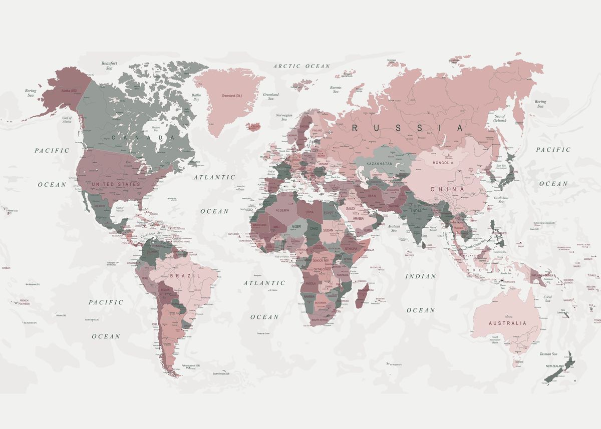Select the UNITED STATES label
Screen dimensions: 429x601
[116, 184]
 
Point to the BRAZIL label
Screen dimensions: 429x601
[185, 276]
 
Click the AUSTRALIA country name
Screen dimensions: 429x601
[507, 323]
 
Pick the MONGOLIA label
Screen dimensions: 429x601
[442, 163]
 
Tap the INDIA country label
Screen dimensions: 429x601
[416, 211]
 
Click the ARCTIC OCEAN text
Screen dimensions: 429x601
[302, 66]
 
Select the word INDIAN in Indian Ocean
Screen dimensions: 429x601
[421, 276]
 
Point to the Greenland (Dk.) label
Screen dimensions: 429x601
[232, 96]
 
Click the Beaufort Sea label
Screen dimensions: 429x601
[109, 66]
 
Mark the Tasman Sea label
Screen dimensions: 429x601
[547, 354]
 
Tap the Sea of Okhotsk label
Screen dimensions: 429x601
[500, 118]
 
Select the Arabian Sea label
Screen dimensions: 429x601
[394, 228]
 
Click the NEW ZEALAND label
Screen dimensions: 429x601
[554, 366]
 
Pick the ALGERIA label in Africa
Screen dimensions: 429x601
[282, 210]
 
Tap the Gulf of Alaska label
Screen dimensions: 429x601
[67, 120]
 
